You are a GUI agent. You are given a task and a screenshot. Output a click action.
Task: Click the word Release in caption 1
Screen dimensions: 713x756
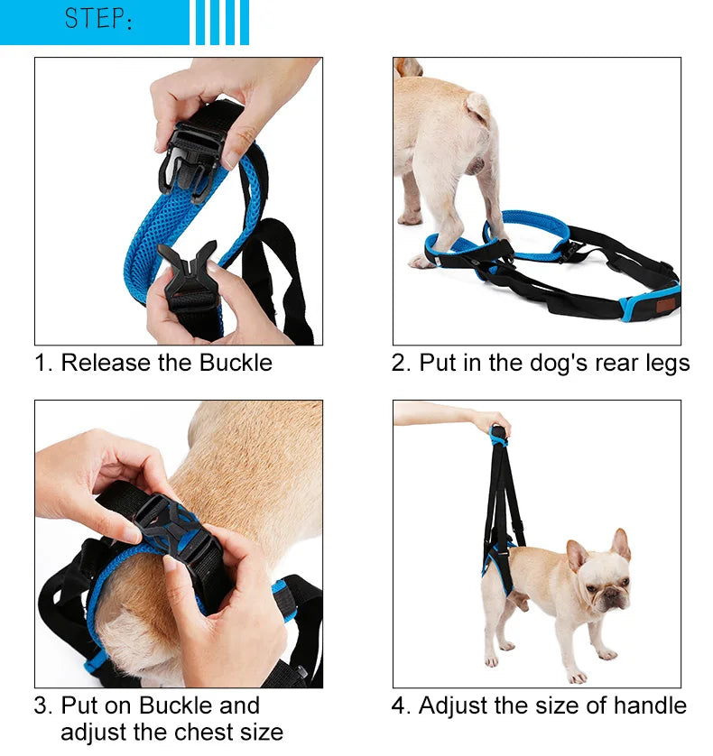click(x=106, y=363)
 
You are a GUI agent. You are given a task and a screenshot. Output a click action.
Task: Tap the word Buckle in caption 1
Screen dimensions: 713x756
click(x=236, y=363)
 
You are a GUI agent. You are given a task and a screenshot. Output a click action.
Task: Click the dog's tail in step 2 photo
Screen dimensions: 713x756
click(x=477, y=106)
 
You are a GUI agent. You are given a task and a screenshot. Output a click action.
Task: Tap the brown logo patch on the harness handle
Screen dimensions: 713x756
click(x=666, y=305)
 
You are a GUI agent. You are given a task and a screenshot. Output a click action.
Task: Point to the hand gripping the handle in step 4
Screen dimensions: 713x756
click(x=492, y=423)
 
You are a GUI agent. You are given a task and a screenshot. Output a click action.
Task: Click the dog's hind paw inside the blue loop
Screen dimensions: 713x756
click(x=421, y=262)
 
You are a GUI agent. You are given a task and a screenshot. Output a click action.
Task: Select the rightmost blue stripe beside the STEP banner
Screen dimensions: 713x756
click(x=245, y=23)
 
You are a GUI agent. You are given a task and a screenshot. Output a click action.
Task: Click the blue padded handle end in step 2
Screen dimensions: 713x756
click(x=649, y=304)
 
